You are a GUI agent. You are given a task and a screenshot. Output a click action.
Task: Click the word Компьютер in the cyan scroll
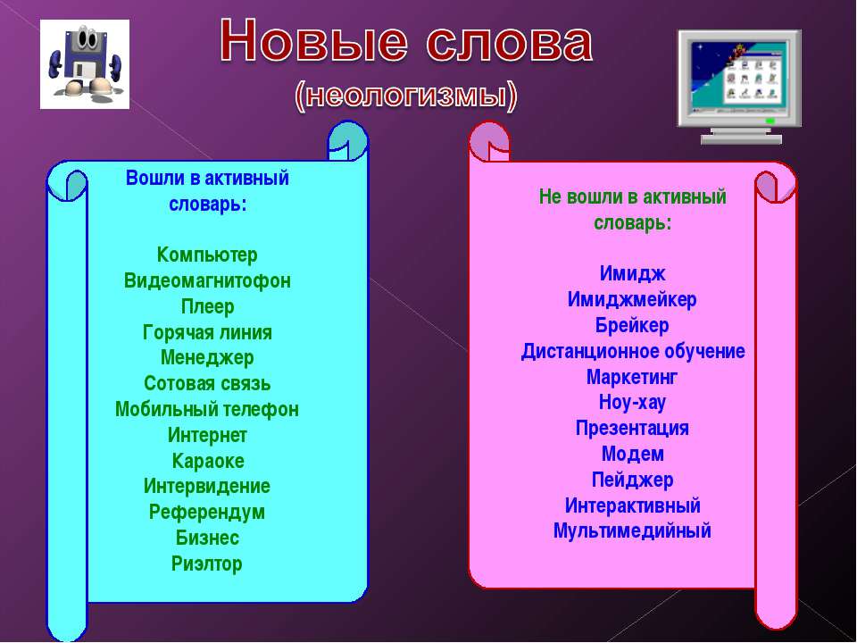[x=207, y=255]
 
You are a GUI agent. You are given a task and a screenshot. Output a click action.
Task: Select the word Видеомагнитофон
[x=207, y=280]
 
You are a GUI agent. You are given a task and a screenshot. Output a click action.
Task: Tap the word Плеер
[x=207, y=306]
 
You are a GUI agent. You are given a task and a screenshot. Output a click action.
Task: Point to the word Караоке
[x=208, y=461]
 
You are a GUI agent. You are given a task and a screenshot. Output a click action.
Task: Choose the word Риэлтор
[x=206, y=564]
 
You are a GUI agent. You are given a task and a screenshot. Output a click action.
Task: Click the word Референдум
[x=206, y=513]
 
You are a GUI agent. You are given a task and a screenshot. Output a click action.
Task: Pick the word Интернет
[x=207, y=435]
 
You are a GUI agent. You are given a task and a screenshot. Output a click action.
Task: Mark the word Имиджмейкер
[x=632, y=300]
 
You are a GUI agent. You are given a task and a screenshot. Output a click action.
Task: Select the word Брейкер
[x=632, y=325]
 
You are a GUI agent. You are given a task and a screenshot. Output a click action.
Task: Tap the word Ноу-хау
[x=632, y=403]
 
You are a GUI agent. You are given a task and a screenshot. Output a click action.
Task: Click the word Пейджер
[x=632, y=480]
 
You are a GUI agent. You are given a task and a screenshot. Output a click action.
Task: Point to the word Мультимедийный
[x=632, y=530]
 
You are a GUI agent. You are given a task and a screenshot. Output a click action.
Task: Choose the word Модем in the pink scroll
[x=632, y=454]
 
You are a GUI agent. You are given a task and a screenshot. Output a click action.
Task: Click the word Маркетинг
[x=632, y=377]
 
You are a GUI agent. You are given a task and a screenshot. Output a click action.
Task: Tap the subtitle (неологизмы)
[x=405, y=96]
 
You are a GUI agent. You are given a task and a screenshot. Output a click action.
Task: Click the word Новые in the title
[x=313, y=42]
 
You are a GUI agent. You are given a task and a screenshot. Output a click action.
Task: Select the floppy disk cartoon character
[x=85, y=64]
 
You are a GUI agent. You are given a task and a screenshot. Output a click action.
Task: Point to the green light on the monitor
[x=770, y=121]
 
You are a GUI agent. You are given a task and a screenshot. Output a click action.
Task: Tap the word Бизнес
[x=207, y=538]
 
